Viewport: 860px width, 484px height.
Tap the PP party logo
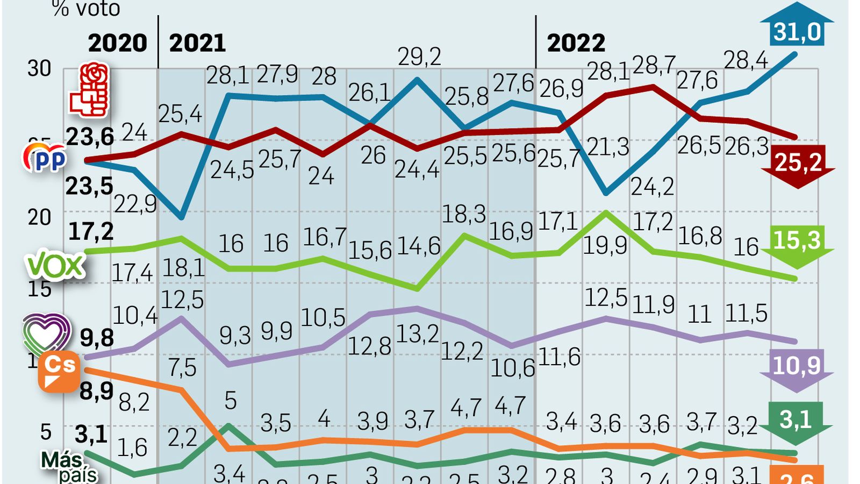coord(45,158)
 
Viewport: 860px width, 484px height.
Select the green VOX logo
coord(55,265)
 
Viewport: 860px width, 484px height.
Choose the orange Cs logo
coord(59,372)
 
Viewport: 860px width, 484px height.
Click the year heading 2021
coord(197,43)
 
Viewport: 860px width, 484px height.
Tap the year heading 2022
coord(576,43)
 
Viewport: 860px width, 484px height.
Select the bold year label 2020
coord(117,43)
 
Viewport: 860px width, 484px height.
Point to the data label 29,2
coord(419,56)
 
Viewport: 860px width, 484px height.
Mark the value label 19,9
coord(605,246)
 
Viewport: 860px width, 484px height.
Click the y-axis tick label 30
coord(39,69)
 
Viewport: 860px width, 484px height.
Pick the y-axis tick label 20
coord(39,217)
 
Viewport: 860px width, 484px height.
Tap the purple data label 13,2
coord(418,334)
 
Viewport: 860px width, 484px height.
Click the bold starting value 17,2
coord(91,231)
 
